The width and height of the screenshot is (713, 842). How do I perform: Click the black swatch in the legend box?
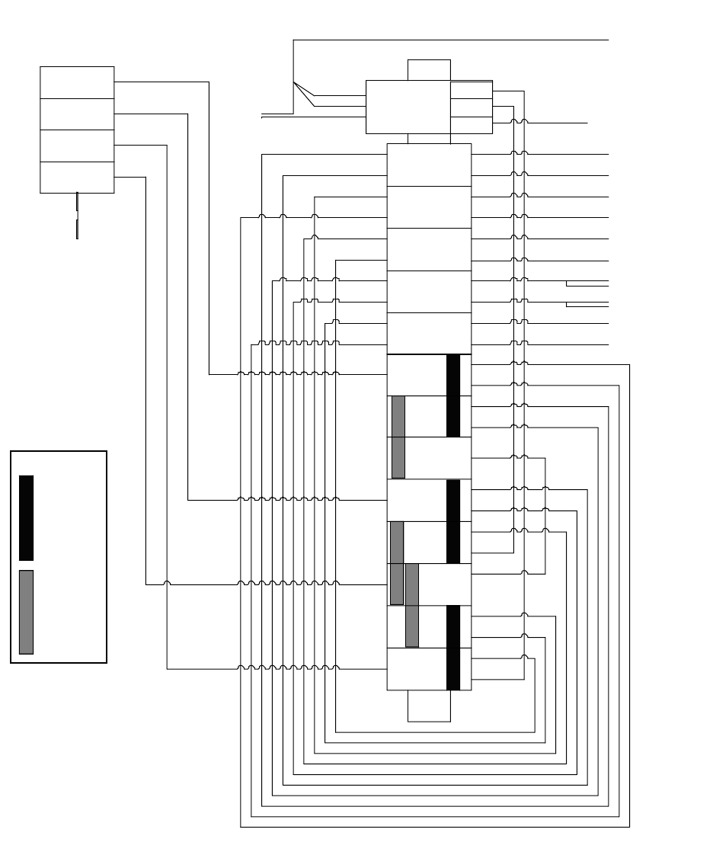[26, 517]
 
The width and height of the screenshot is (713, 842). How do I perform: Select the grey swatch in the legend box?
[26, 612]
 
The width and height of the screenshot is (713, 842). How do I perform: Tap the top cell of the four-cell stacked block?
[77, 82]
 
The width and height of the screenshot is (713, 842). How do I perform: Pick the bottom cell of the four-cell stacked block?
[77, 178]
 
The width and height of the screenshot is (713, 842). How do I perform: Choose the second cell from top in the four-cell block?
[77, 114]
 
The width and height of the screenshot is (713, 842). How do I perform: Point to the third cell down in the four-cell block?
[77, 146]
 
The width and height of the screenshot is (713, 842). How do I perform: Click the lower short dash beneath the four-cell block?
[77, 229]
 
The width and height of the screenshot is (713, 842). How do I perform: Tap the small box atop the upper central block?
[429, 69]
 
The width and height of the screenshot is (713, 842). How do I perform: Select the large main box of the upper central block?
[408, 107]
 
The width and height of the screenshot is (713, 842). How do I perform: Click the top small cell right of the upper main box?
[471, 89]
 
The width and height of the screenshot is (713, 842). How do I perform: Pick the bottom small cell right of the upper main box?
[471, 126]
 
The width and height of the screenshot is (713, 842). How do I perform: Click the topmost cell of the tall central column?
[429, 165]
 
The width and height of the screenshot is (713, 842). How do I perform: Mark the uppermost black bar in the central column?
[453, 395]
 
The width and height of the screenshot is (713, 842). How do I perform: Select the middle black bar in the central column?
[453, 521]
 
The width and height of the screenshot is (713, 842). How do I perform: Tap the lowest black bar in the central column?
[453, 648]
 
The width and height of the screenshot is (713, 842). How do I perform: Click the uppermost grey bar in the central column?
[398, 437]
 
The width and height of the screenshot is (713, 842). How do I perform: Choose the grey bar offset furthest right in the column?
[412, 605]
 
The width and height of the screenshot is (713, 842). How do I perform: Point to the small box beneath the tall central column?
[429, 706]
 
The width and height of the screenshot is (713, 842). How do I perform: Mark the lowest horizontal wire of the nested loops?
[435, 827]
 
